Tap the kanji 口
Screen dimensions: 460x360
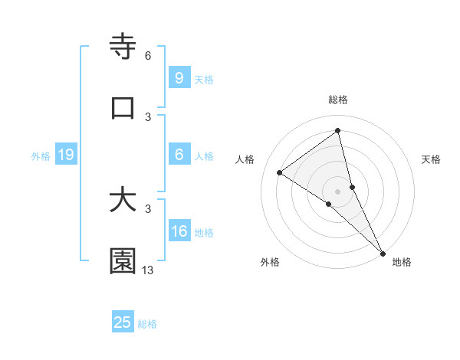[123, 108]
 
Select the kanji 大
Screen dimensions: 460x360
[123, 200]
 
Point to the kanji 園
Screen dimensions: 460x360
[123, 261]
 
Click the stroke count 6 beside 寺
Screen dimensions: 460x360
[148, 56]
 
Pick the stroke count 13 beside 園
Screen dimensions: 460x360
[148, 270]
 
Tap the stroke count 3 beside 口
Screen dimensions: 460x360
[148, 116]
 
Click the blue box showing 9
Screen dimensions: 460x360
[179, 78]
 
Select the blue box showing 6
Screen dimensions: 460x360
[179, 155]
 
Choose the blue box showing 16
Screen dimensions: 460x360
[179, 231]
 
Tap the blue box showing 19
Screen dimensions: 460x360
[65, 155]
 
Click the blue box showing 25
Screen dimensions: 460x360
[123, 322]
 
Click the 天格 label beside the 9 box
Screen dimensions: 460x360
[204, 79]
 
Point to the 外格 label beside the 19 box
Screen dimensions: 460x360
[41, 155]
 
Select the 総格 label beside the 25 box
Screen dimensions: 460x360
[147, 324]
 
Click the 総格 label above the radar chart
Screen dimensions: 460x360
[338, 100]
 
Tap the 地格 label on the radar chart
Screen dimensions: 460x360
[402, 262]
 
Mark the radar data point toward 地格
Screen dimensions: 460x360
[383, 252]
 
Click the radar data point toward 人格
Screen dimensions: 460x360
[280, 172]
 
